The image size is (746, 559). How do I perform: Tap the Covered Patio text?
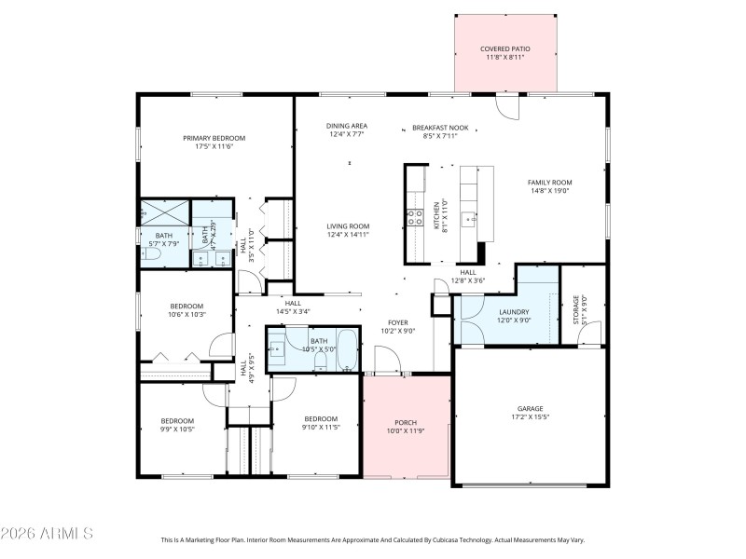[504, 48]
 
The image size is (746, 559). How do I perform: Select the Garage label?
[531, 408]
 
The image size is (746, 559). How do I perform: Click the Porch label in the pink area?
[405, 422]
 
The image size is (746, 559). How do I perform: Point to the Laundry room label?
[514, 312]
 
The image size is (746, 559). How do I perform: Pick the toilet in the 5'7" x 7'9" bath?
[152, 252]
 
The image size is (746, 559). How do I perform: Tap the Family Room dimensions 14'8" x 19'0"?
[549, 190]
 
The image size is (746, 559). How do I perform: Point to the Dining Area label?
[346, 126]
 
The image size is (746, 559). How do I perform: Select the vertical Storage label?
[575, 308]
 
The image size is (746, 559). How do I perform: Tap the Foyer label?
[398, 322]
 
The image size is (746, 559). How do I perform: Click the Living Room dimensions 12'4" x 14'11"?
[348, 235]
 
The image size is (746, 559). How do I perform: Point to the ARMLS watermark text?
[47, 534]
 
